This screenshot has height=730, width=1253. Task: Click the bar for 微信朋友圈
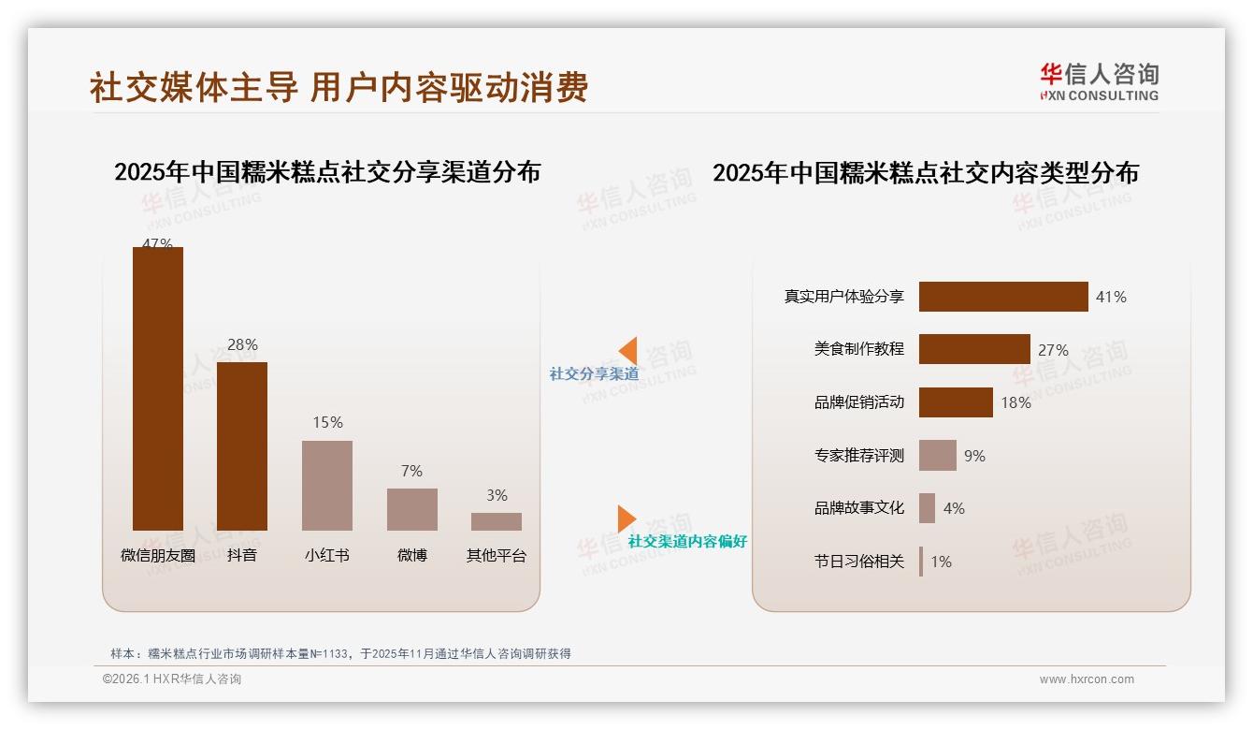coord(158,388)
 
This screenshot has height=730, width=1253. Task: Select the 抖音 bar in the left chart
coord(242,446)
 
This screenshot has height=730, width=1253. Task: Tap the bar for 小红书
coord(327,485)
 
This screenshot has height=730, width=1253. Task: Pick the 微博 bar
coord(411,509)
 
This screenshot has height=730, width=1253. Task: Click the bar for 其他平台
coord(497,521)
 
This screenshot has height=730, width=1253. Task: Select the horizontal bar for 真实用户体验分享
coord(1003,297)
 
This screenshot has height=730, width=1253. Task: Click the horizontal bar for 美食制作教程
coord(974,349)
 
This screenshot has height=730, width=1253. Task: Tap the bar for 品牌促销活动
coord(956,402)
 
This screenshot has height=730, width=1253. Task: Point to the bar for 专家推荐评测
coord(938,456)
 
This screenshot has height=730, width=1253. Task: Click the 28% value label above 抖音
coord(242,345)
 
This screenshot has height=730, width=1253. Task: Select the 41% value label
coord(1111,297)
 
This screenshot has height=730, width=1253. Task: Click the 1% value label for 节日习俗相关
coord(941,562)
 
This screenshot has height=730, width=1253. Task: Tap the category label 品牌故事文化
coord(858,508)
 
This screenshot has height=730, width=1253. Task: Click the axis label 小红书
coord(327,555)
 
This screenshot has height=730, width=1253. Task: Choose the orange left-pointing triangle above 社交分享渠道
coord(627,351)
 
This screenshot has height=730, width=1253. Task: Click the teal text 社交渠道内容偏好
coord(687,542)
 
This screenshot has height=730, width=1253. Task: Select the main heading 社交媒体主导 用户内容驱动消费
coord(338,87)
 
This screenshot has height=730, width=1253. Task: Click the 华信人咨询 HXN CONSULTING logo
coord(1099,82)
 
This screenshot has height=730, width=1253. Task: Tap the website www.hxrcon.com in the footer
coord(1087,679)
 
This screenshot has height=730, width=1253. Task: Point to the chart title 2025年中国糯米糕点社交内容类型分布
coord(926,173)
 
